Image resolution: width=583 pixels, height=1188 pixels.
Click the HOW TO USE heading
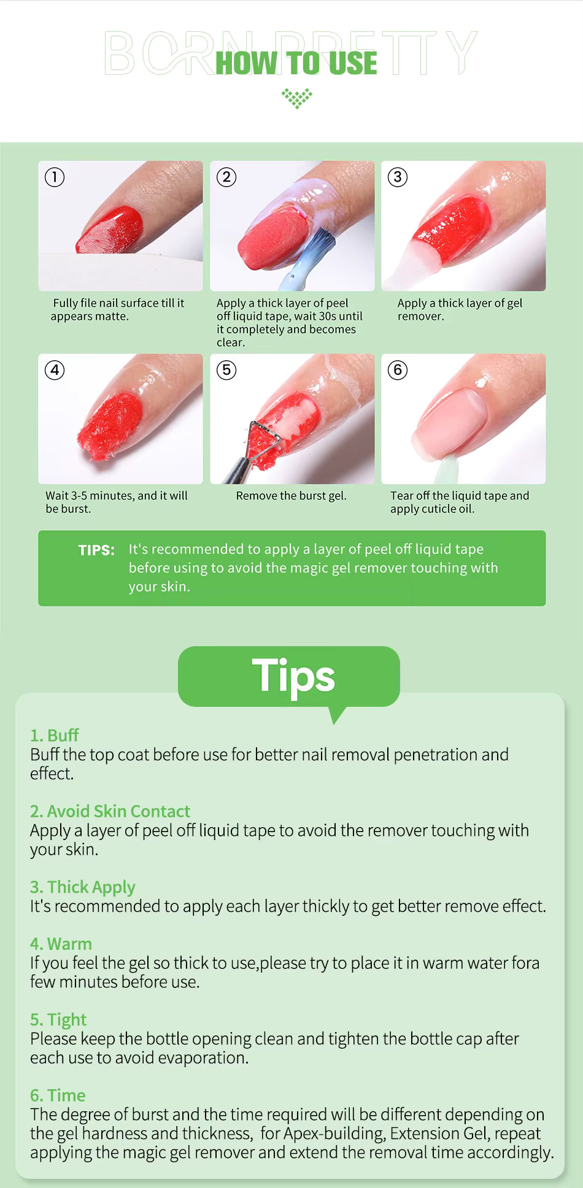296,63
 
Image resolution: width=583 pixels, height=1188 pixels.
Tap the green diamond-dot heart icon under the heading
297,98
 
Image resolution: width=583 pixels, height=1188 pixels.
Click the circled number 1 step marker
55,177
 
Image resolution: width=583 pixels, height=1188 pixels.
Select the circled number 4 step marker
55,370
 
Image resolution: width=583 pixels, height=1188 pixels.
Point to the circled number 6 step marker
398,370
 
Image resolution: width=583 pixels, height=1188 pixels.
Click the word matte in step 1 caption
112,317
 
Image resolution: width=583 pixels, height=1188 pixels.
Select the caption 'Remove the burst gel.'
291,496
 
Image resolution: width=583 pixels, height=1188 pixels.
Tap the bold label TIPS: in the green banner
96,550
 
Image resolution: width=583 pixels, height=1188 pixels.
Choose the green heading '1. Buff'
54,735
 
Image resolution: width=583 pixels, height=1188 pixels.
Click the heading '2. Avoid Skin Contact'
110,811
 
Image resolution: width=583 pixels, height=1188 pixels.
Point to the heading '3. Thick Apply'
82,887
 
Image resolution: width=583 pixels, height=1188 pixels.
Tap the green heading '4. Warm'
61,944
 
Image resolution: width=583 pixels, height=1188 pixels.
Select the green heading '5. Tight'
58,1020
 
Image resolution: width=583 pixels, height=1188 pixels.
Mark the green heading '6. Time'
58,1095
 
